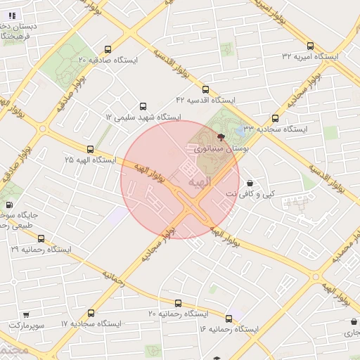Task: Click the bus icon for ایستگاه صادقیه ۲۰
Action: coord(108,49)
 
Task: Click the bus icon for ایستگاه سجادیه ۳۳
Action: coord(275,118)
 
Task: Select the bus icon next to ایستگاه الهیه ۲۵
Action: coord(90,149)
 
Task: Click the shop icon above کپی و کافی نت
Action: coord(250,183)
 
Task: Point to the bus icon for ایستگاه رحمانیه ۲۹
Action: coord(41,238)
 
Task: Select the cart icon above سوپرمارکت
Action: coord(26,315)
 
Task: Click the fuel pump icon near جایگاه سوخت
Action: coord(8,205)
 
